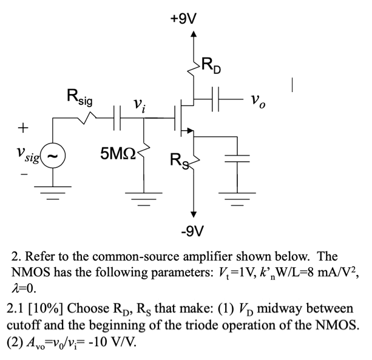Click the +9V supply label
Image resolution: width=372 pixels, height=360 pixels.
coord(184,18)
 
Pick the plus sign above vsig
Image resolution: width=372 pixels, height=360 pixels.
coord(23,128)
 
